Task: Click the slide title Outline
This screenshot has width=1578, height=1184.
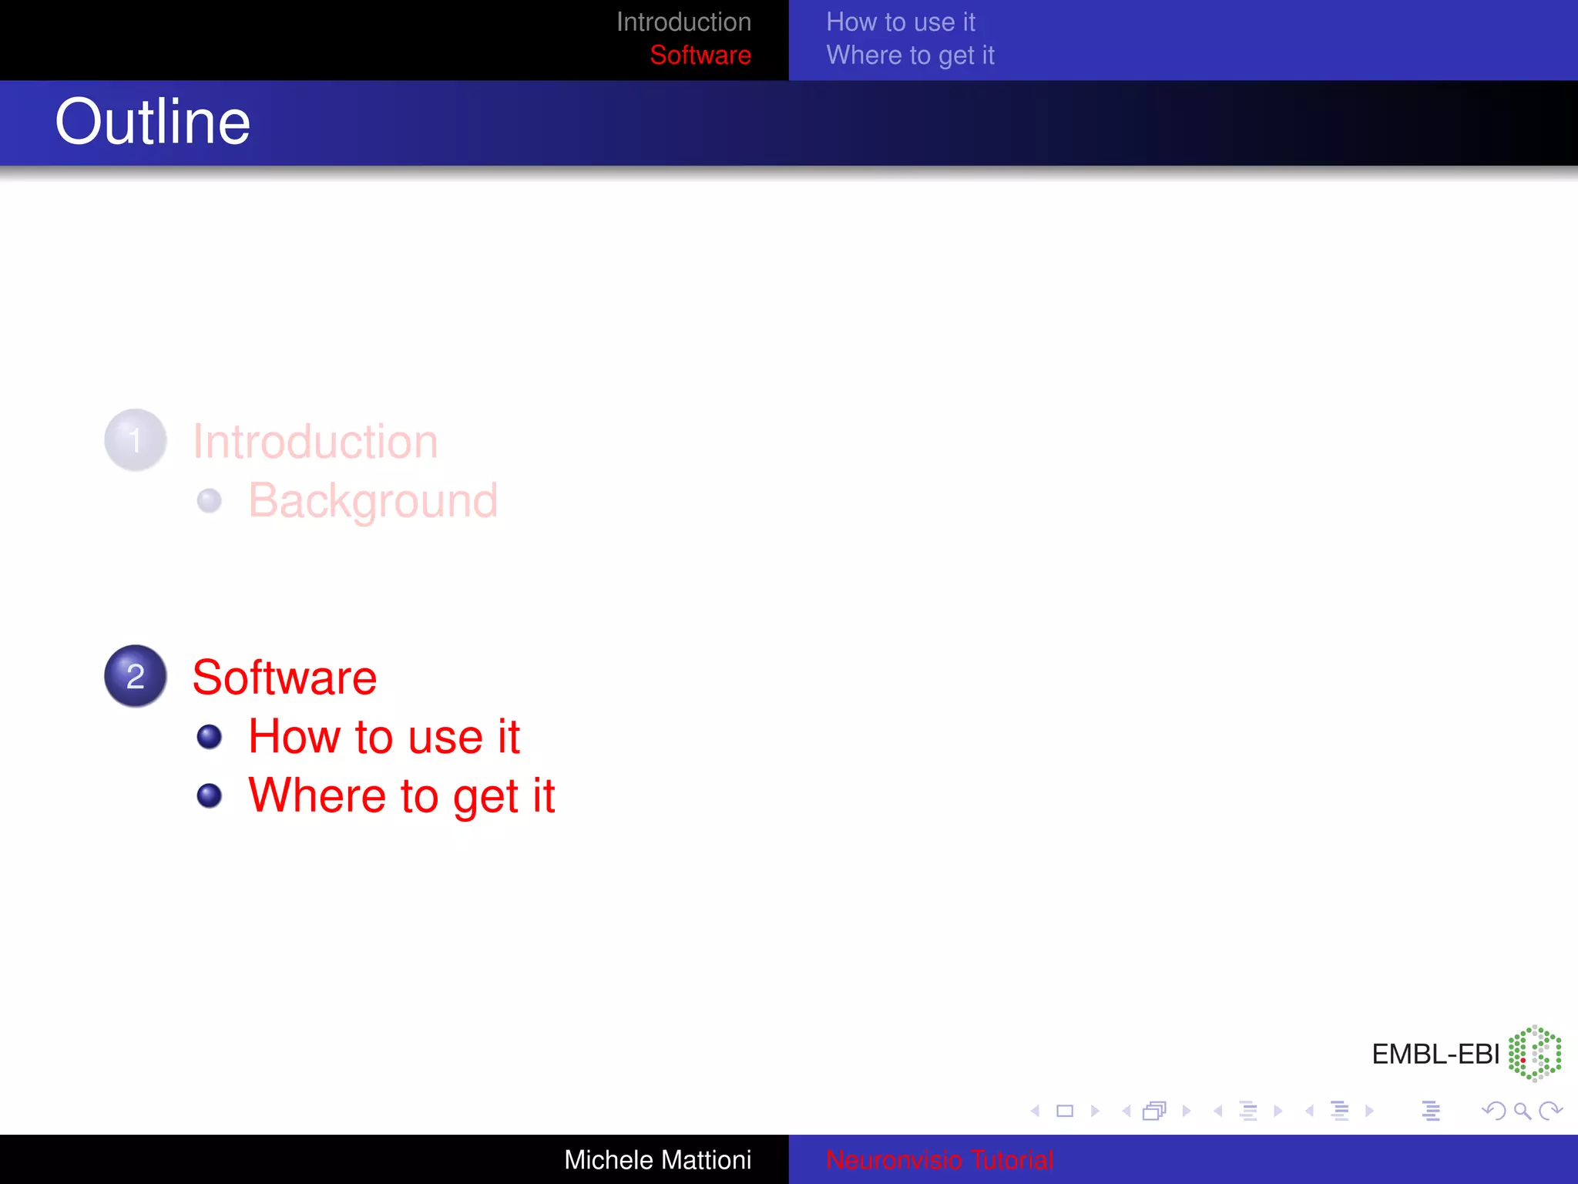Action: click(153, 122)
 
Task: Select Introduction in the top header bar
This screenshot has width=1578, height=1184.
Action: click(683, 22)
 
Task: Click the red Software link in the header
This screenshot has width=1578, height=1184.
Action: click(700, 55)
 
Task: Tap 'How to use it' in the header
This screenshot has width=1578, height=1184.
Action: click(900, 22)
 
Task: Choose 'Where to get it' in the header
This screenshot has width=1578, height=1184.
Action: click(910, 55)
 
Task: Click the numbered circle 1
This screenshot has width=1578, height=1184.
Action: click(136, 440)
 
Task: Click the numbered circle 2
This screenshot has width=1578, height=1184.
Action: click(136, 676)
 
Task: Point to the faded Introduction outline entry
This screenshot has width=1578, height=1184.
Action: click(315, 442)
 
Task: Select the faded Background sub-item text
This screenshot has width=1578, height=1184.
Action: click(373, 501)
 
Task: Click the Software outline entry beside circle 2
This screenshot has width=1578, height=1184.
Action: click(284, 678)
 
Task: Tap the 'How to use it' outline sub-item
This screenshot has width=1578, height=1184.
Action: click(384, 737)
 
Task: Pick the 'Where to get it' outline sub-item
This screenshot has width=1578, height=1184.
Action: click(401, 796)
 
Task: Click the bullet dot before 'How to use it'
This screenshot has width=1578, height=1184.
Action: click(209, 737)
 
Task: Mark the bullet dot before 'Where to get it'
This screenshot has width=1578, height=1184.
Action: click(209, 795)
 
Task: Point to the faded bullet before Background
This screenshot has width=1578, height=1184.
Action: click(209, 501)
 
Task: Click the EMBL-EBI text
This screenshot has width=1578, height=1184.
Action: click(1435, 1054)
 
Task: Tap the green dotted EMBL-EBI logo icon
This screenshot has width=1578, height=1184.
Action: click(1535, 1053)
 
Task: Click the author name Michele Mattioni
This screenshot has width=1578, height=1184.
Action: click(657, 1159)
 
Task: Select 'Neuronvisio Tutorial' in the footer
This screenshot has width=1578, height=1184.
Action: click(939, 1159)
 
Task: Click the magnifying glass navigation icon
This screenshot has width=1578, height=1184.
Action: click(1522, 1111)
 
